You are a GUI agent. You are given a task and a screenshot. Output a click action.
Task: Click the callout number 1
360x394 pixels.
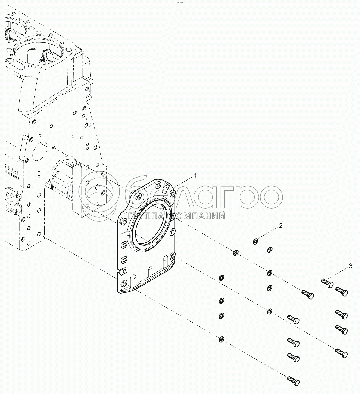coord(195,176)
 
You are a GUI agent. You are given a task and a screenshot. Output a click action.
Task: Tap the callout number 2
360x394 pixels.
coord(280,226)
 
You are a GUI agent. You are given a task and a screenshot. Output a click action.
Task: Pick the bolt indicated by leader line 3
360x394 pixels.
coord(327,283)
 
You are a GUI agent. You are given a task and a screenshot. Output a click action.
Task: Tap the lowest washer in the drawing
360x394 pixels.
coord(221,339)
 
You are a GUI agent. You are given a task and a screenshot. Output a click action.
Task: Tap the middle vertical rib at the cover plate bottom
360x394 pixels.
coord(150,272)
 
